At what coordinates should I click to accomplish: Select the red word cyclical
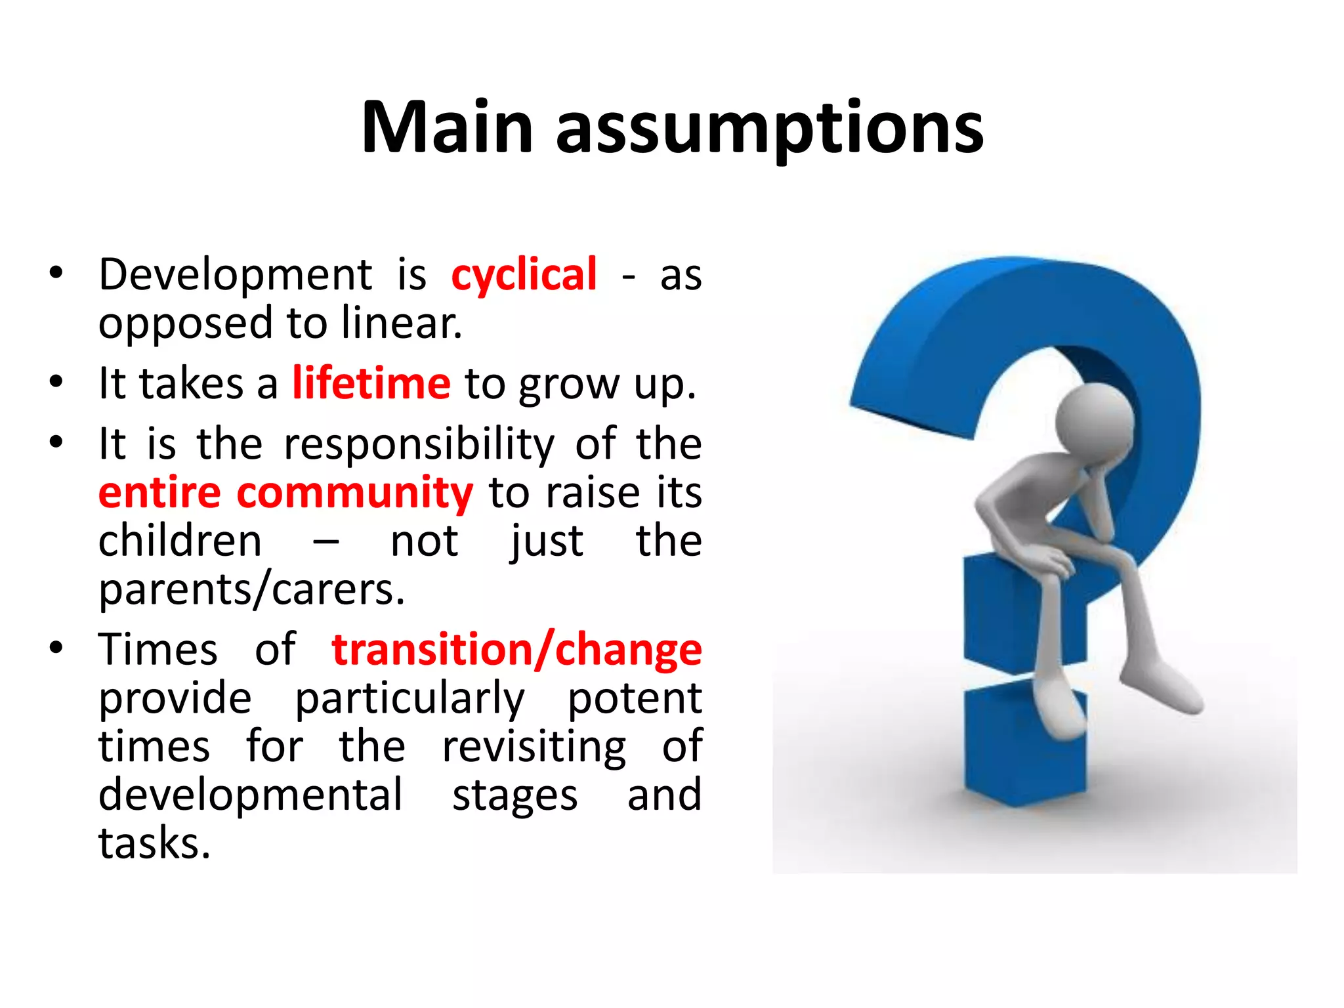tap(524, 274)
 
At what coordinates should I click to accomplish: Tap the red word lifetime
tap(371, 383)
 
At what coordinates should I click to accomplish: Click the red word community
tap(354, 493)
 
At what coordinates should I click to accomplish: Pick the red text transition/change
tap(516, 650)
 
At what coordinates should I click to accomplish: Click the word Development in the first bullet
tap(235, 274)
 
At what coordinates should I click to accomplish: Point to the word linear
tap(401, 324)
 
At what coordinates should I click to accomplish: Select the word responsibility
tap(419, 444)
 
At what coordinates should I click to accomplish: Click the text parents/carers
tap(251, 590)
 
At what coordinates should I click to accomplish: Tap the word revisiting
tap(534, 747)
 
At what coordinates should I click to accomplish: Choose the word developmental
tap(250, 795)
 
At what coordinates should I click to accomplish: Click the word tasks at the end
tap(154, 843)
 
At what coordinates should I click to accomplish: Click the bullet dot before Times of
tap(56, 648)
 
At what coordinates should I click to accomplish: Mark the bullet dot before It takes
tap(56, 382)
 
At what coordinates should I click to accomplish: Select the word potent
tap(634, 698)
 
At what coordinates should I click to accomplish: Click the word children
tap(180, 541)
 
